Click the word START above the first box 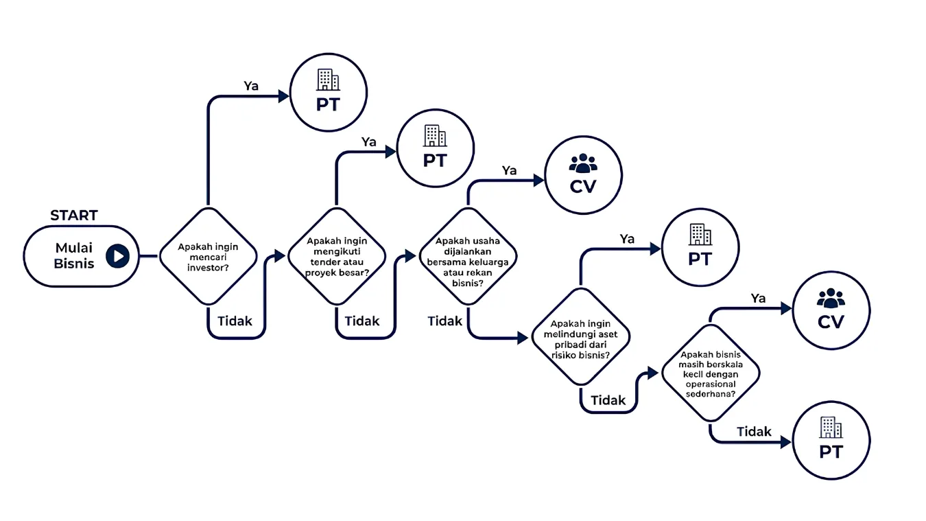[x=74, y=215]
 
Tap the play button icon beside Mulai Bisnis [x=117, y=256]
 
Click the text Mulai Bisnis [x=74, y=256]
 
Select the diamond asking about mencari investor [x=208, y=257]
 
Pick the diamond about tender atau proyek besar [x=337, y=257]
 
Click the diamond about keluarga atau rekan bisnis [x=468, y=257]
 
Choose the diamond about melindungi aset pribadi [x=581, y=337]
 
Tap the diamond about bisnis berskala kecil [x=711, y=373]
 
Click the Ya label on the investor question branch [x=251, y=86]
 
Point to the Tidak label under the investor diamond [x=235, y=321]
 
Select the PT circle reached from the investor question [x=329, y=92]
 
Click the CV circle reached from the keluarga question [x=583, y=175]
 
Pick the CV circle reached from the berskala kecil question [x=831, y=310]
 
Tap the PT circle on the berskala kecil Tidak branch [x=831, y=440]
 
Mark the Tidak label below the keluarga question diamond [x=444, y=321]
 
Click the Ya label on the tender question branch [x=369, y=142]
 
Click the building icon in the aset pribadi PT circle [x=700, y=235]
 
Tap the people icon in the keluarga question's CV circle [x=583, y=163]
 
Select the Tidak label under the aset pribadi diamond [x=608, y=400]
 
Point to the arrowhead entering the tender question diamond [x=280, y=256]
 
